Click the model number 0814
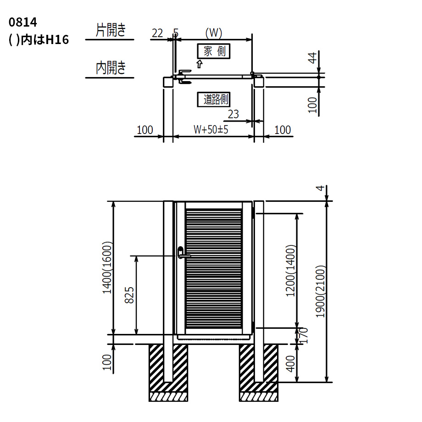pyautogui.click(x=22, y=22)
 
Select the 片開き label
pyautogui.click(x=111, y=30)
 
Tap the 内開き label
pyautogui.click(x=111, y=68)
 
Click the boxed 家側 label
pyautogui.click(x=214, y=51)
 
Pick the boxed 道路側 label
pyautogui.click(x=214, y=100)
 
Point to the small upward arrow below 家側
pyautogui.click(x=199, y=64)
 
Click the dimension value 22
pyautogui.click(x=157, y=33)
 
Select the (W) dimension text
pyautogui.click(x=214, y=33)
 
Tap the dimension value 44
pyautogui.click(x=312, y=58)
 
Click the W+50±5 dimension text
pyautogui.click(x=211, y=129)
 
